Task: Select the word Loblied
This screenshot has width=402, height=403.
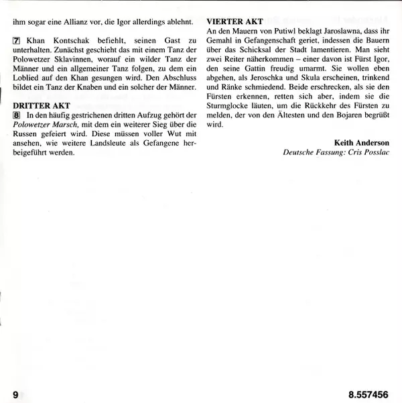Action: pyautogui.click(x=27, y=85)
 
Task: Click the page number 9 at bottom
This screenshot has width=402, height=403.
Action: pyautogui.click(x=15, y=391)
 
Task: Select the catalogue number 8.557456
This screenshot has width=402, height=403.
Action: pyautogui.click(x=368, y=391)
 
